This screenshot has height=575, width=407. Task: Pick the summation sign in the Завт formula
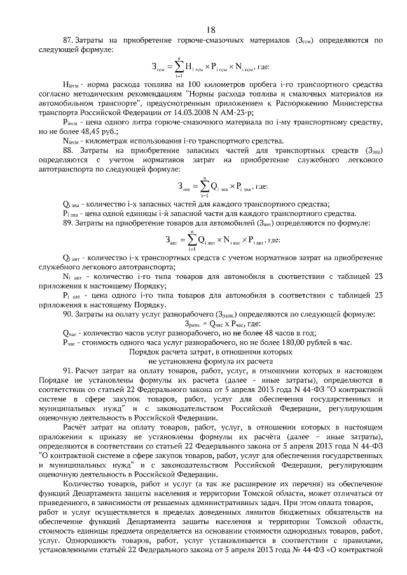(x=191, y=240)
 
